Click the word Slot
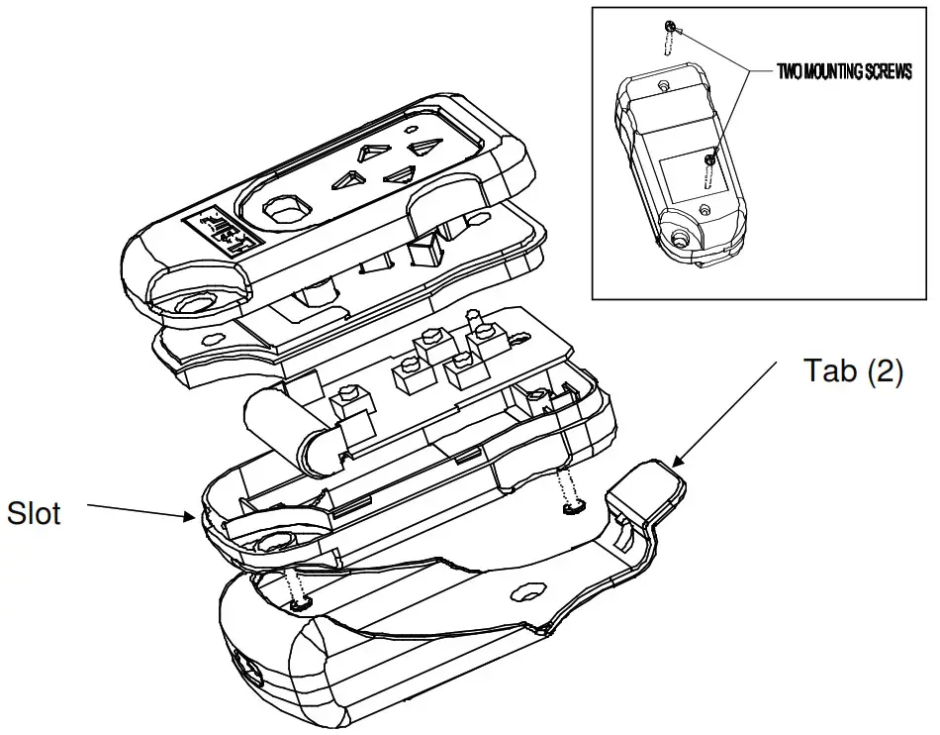click(35, 514)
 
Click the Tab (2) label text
click(852, 372)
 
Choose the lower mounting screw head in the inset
click(709, 158)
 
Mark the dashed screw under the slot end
click(295, 589)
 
